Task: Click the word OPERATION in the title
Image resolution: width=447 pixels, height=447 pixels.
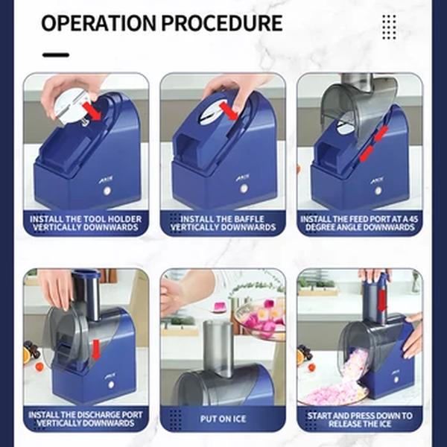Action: [98, 23]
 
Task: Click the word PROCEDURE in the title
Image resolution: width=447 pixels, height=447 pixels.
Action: [222, 23]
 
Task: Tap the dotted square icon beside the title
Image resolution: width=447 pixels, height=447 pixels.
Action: [389, 27]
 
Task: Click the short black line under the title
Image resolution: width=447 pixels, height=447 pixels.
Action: [56, 54]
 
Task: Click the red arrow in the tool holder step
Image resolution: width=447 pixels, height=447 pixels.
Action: [92, 112]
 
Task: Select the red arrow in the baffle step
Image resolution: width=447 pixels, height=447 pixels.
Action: [229, 111]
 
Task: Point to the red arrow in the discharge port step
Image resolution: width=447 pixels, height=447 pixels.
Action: [96, 349]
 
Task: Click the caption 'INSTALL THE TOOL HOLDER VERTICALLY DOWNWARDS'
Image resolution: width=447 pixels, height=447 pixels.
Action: [86, 223]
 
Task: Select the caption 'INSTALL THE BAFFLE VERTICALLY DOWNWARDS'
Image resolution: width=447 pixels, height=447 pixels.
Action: [223, 223]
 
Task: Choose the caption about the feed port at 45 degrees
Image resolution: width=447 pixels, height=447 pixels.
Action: [360, 223]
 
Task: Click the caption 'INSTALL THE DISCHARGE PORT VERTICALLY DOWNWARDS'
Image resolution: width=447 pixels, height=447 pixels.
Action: [86, 419]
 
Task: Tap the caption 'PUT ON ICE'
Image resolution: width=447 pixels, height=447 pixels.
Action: [223, 419]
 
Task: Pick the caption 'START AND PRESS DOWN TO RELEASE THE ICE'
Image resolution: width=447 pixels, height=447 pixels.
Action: [360, 419]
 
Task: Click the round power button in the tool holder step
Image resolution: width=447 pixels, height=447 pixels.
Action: [107, 191]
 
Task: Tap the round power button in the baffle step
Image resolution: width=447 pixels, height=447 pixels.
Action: [244, 188]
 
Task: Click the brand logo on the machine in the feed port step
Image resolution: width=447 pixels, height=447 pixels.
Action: [377, 180]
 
